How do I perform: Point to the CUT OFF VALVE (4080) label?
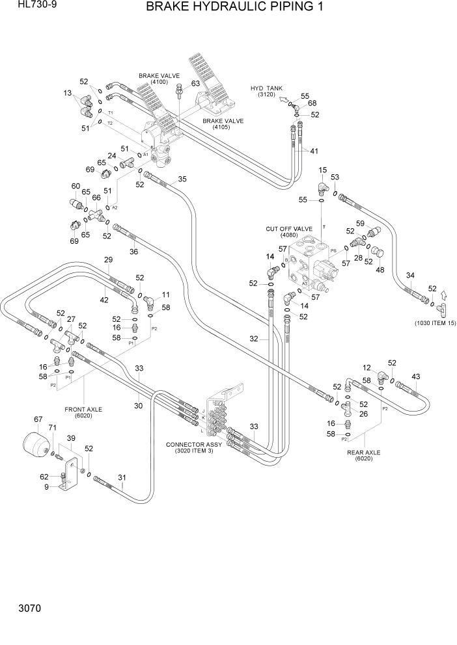[289, 232]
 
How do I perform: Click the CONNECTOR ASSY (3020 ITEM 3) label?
[194, 448]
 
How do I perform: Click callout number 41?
[314, 151]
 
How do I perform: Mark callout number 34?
[410, 276]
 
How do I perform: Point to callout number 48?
[380, 270]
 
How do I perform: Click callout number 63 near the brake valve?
[195, 84]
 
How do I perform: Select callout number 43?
[416, 376]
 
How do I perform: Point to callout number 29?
[108, 260]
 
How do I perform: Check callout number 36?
[133, 252]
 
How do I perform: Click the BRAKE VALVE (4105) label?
[223, 124]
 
